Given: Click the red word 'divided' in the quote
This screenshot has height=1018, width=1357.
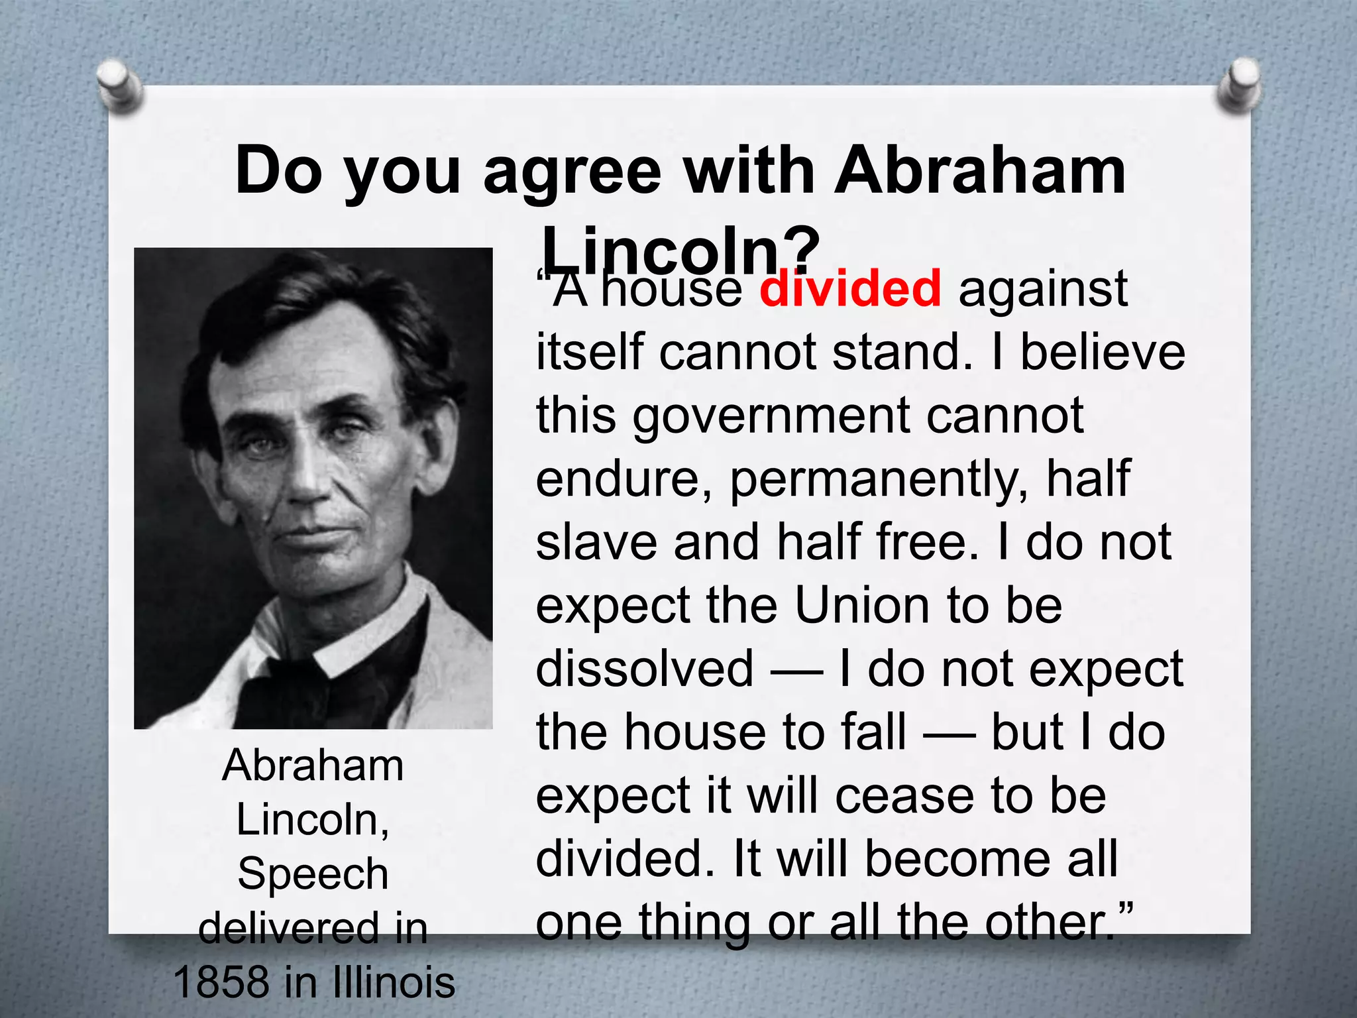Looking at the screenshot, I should tap(850, 289).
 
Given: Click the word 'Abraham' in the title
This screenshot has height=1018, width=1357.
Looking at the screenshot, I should tap(979, 171).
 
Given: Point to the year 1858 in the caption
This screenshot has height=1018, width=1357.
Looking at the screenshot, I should tap(223, 982).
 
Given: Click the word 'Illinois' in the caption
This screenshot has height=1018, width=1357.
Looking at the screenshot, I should tap(394, 982).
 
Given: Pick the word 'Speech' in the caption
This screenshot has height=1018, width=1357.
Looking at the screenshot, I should tap(313, 874).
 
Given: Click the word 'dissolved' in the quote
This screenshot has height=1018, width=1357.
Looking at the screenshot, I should tap(645, 668).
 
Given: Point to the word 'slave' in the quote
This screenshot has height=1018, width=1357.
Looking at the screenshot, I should tap(596, 542).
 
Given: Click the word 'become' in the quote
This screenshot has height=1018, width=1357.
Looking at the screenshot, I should tap(957, 858).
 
